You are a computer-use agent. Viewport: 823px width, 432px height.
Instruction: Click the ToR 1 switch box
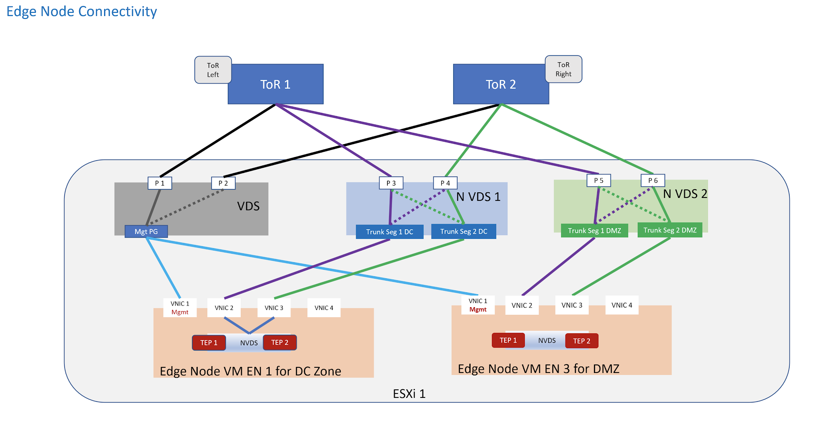coord(275,84)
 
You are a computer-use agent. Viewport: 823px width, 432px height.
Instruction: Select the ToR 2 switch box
coord(501,84)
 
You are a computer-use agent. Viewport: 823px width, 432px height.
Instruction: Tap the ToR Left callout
coord(213,70)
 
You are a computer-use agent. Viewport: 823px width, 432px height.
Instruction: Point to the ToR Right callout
coord(563,69)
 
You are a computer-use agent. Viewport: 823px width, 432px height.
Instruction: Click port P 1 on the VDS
coord(160,183)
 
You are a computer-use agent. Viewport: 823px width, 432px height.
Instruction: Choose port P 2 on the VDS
coord(223,183)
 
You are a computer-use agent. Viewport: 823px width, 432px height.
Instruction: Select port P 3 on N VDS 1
coord(391,183)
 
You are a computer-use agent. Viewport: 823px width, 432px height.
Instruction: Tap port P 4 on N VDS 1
coord(445,183)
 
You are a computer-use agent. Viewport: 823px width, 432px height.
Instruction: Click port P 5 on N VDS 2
coord(599,181)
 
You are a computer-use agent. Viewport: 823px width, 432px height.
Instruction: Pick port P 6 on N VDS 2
coord(653,181)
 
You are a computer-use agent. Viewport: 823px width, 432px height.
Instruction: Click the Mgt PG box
coord(146,232)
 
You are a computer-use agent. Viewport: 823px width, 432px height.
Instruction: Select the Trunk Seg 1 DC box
coord(389,232)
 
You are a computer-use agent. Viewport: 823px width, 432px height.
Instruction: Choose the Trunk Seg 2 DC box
coord(463,232)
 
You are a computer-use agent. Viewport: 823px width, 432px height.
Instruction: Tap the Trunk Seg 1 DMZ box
coord(594,231)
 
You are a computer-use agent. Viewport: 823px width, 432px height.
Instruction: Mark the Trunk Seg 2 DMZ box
coord(670,230)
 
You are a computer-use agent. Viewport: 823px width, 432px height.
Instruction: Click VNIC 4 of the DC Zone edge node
coord(324,308)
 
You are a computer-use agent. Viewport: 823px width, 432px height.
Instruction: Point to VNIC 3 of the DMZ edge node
coord(572,306)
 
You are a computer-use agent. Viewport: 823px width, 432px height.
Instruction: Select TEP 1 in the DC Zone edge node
coord(209,343)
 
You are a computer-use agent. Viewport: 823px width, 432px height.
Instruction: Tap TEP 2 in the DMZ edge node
coord(581,341)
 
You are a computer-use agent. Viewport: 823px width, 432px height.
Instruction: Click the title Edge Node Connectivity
coord(82,11)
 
